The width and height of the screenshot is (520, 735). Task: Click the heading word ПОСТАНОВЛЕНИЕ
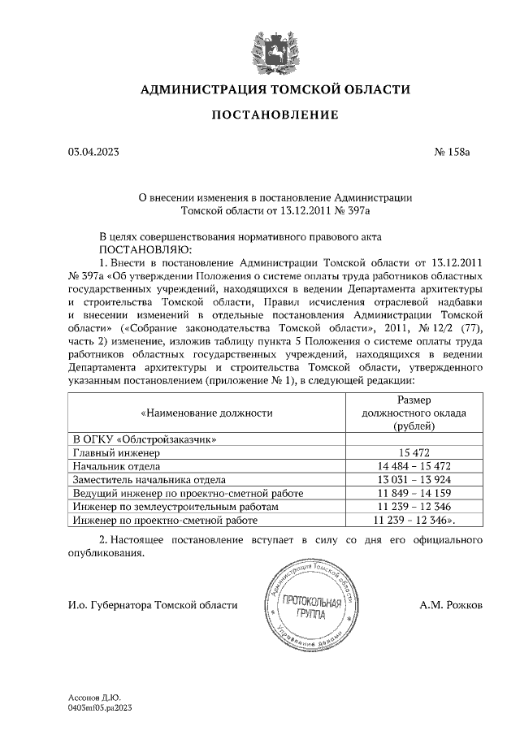click(x=275, y=115)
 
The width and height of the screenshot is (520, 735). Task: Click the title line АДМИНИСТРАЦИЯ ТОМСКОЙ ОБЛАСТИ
click(x=275, y=89)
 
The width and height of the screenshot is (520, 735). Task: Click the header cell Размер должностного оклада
click(x=414, y=413)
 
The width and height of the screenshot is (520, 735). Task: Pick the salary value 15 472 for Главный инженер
click(x=414, y=452)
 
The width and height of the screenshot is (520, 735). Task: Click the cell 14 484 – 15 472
click(x=414, y=466)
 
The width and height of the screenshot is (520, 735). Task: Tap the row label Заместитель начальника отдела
click(x=149, y=479)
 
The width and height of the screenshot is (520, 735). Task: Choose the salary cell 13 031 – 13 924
click(x=414, y=479)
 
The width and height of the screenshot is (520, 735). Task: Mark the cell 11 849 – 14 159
click(x=414, y=492)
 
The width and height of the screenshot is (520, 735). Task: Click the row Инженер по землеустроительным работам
click(x=175, y=505)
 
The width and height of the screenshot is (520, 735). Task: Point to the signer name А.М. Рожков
click(x=452, y=605)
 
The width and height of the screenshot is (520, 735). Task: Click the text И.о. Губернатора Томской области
click(x=153, y=605)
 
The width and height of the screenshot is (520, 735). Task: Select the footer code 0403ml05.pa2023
click(x=101, y=707)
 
